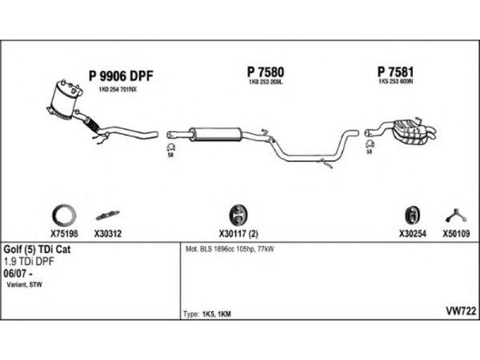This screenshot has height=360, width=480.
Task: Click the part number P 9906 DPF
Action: click(121, 76)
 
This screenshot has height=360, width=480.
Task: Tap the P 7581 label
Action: click(393, 72)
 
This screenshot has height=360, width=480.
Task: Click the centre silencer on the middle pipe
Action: click(214, 133)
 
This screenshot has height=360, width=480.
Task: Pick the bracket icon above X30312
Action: click(107, 214)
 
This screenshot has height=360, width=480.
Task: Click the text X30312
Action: click(108, 235)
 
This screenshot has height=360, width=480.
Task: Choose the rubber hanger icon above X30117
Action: click(238, 214)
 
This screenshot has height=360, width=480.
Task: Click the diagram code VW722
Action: click(461, 310)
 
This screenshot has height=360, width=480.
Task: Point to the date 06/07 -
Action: click(19, 272)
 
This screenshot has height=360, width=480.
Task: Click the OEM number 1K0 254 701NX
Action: click(118, 90)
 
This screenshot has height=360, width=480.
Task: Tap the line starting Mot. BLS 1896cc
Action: click(230, 248)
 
